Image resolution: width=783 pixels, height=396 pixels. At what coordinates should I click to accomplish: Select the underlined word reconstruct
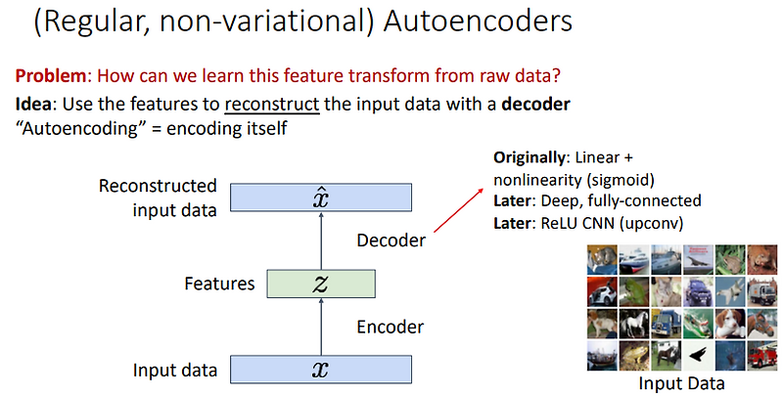279,104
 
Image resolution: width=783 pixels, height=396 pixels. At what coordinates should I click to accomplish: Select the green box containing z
320,284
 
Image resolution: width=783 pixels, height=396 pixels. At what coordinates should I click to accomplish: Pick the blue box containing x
321,370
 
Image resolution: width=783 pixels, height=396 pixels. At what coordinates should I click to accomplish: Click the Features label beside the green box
219,285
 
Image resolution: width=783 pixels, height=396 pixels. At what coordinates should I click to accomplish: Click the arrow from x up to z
321,327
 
